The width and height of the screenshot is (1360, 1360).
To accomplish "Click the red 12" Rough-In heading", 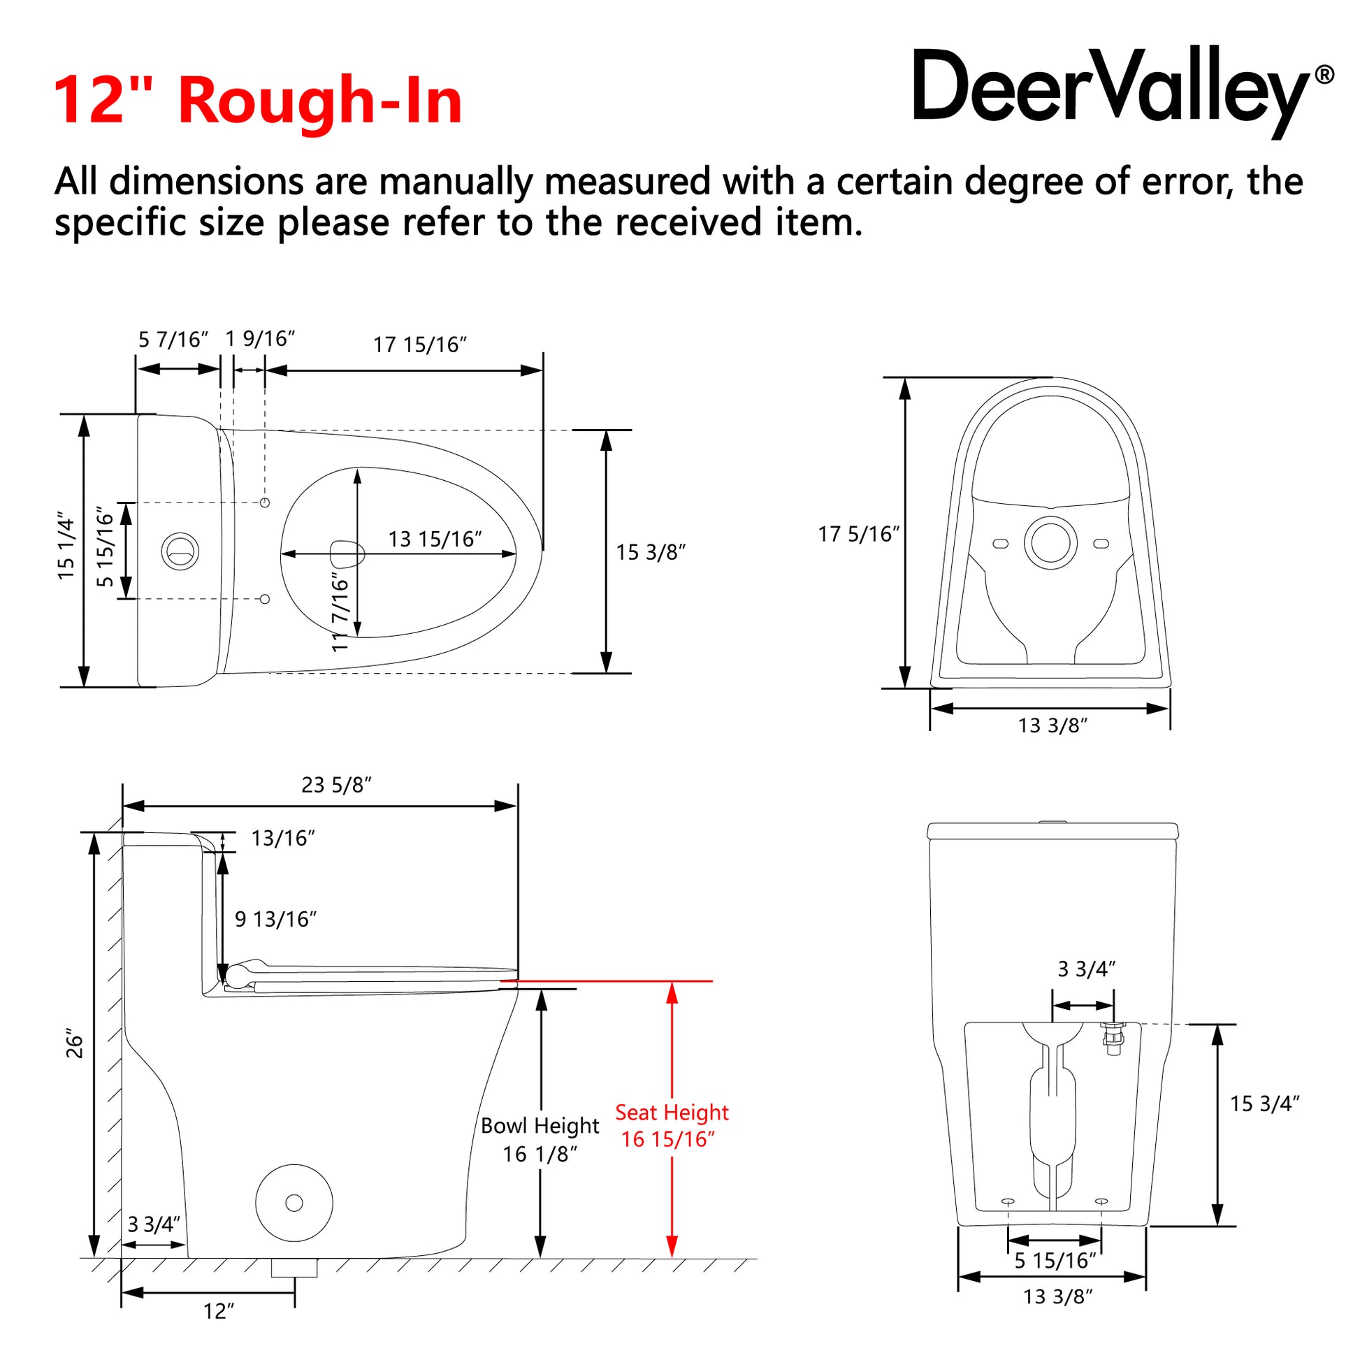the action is [258, 101].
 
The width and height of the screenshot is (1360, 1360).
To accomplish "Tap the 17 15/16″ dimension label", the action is [419, 345].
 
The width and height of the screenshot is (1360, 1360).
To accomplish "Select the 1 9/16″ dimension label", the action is [260, 339].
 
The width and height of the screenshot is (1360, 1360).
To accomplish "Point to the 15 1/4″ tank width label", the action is [66, 547].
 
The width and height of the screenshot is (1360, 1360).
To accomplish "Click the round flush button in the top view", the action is [180, 551].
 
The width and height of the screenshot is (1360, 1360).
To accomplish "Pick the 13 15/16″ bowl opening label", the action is [435, 540].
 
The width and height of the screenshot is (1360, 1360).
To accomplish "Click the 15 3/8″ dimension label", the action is [651, 553].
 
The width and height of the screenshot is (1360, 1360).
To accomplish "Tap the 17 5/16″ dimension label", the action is [859, 534].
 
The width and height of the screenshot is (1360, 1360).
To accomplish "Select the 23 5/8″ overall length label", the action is [336, 785].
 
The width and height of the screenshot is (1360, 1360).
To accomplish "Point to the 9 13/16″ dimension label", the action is [275, 919].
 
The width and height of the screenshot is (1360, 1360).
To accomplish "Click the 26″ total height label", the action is [75, 1047].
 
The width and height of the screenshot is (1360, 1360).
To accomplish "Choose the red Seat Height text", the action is [672, 1112].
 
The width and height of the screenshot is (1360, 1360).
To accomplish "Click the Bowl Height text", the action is [540, 1126].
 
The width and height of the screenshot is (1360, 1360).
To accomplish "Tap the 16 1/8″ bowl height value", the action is [540, 1155].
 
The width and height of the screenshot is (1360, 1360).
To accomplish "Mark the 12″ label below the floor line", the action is [218, 1311].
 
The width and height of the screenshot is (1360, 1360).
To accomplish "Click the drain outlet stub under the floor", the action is [294, 1268].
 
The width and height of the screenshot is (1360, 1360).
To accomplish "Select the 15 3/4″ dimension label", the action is [1264, 1104].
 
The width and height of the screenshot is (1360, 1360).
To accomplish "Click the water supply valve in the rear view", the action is [1113, 1039].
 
